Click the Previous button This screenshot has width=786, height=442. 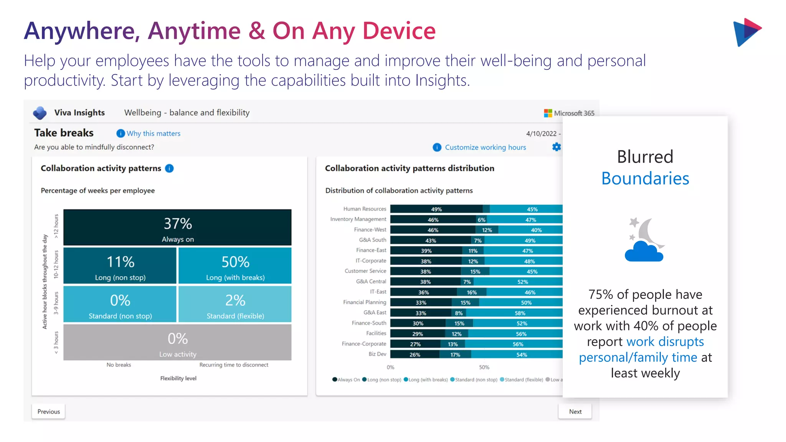pyautogui.click(x=48, y=411)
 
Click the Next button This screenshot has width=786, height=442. pyautogui.click(x=575, y=411)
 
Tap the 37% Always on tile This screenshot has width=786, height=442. pyautogui.click(x=177, y=228)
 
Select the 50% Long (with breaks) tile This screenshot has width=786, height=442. pyautogui.click(x=235, y=266)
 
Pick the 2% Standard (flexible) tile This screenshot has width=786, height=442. pyautogui.click(x=235, y=304)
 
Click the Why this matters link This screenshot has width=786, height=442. pyautogui.click(x=153, y=134)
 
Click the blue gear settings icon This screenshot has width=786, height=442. pyautogui.click(x=556, y=147)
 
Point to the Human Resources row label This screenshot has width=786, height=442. pyautogui.click(x=364, y=209)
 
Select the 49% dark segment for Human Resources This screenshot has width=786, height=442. pyautogui.click(x=436, y=209)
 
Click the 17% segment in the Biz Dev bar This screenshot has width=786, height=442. pyautogui.click(x=455, y=355)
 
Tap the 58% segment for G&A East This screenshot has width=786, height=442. pyautogui.click(x=520, y=313)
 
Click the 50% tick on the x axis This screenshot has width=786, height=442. pyautogui.click(x=484, y=367)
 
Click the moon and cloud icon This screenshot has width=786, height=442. pyautogui.click(x=645, y=240)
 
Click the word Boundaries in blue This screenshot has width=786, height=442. pyautogui.click(x=645, y=179)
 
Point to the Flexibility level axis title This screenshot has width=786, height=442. pyautogui.click(x=178, y=378)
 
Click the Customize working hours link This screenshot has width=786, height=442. pyautogui.click(x=485, y=147)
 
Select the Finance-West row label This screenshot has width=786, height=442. pyautogui.click(x=370, y=229)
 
